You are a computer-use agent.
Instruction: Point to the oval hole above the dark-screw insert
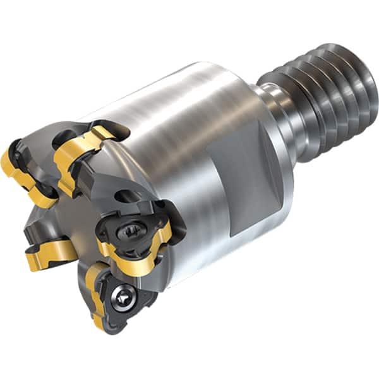(x=126, y=196)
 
